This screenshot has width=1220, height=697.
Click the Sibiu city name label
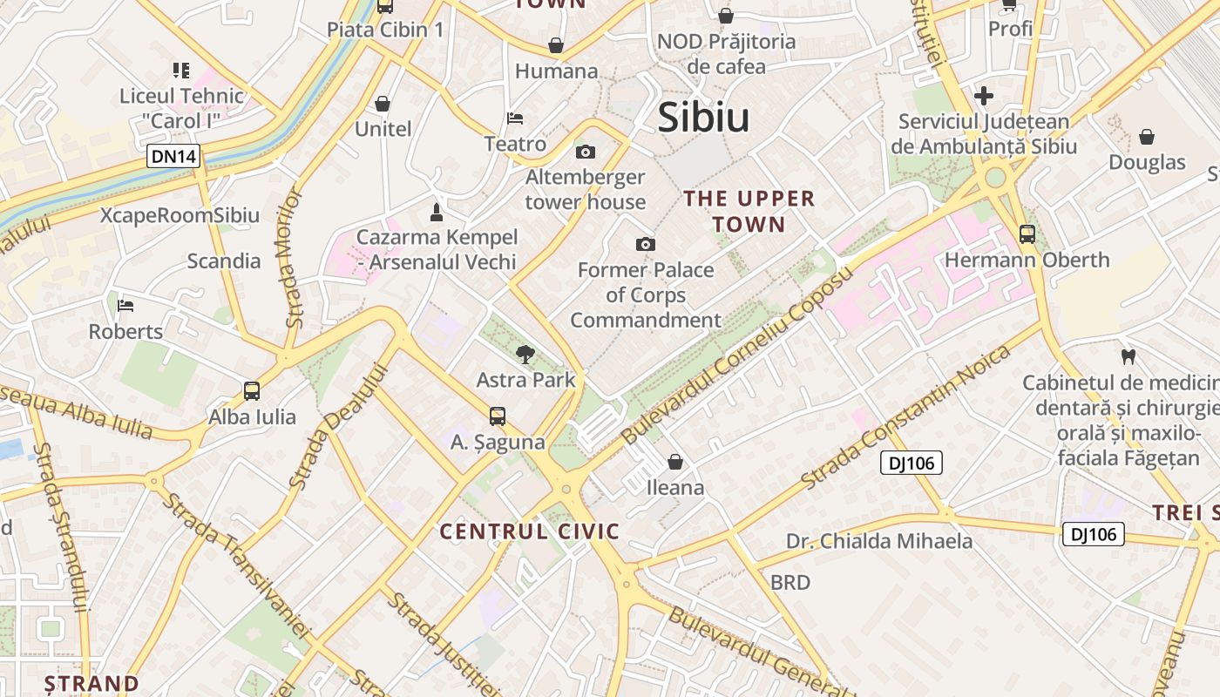point(703,117)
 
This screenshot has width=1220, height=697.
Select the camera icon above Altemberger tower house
point(586,152)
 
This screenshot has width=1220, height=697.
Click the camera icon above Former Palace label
point(645,244)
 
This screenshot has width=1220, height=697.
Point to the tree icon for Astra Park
point(525,355)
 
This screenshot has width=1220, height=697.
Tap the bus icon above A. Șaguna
point(498,416)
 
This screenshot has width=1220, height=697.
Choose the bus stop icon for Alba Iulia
point(252,391)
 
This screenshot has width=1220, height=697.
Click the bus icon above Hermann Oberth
point(1027,233)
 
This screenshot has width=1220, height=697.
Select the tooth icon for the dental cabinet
point(1128,356)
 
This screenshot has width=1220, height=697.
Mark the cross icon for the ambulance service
point(984,96)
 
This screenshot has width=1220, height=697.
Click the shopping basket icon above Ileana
point(675,462)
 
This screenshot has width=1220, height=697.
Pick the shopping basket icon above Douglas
point(1147,137)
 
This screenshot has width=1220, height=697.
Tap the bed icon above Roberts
point(125,306)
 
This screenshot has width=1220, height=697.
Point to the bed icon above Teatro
point(515,118)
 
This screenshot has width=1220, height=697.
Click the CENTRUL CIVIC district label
point(529,531)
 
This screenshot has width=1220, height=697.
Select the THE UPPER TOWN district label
point(749,211)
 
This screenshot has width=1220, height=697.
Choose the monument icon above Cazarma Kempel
point(437,212)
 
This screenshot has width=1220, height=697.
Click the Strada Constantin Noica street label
point(906,416)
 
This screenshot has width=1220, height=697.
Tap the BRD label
point(790,582)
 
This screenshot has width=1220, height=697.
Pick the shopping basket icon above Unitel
point(383,104)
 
